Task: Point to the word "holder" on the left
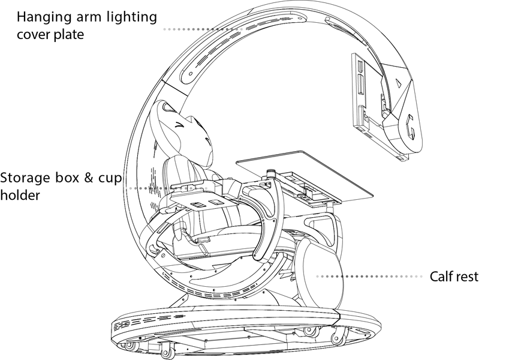(x=20, y=195)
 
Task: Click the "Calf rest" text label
(x=454, y=277)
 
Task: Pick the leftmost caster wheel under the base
(x=128, y=346)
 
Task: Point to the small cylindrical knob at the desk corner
(x=271, y=174)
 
